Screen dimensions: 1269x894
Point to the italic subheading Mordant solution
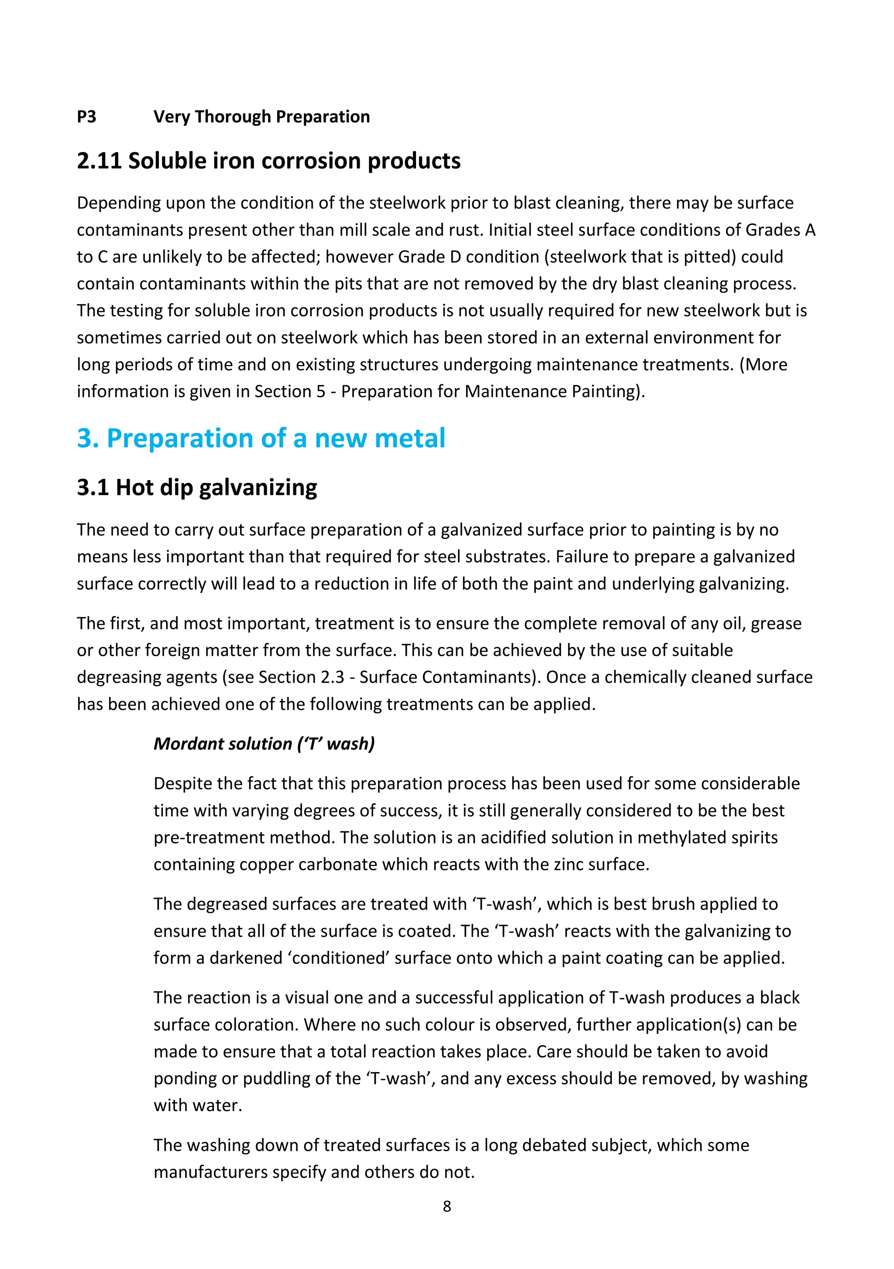click(x=223, y=743)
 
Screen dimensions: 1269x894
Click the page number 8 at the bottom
click(x=447, y=1206)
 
